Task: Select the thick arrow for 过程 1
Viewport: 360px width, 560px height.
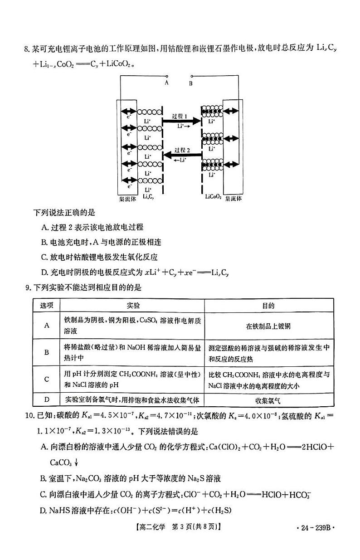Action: pos(181,121)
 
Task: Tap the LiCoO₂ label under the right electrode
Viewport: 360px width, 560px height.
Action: pos(213,197)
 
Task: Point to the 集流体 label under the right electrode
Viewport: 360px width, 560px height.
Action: pos(234,198)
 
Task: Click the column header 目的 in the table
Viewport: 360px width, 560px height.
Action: pos(268,306)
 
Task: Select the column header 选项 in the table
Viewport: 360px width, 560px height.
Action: pos(47,306)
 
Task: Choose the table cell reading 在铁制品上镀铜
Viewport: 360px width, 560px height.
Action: pos(268,326)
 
